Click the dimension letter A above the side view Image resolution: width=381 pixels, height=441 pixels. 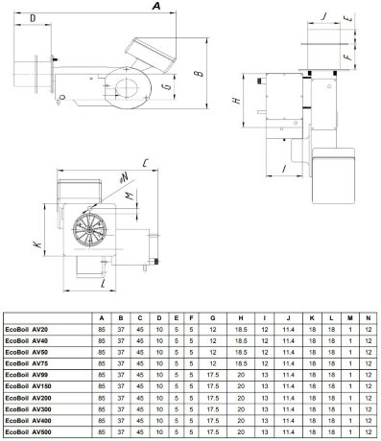(156, 7)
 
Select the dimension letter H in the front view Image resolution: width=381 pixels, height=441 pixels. (236, 100)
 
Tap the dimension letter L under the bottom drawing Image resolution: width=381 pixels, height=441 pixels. (104, 285)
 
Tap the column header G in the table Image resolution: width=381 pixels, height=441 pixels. (211, 316)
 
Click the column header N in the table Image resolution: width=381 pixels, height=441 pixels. (368, 316)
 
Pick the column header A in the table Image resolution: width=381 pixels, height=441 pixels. (102, 316)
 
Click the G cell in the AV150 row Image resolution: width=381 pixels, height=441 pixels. (211, 385)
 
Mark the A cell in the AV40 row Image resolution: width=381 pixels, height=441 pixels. (102, 339)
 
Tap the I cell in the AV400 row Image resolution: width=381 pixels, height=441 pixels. (264, 420)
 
